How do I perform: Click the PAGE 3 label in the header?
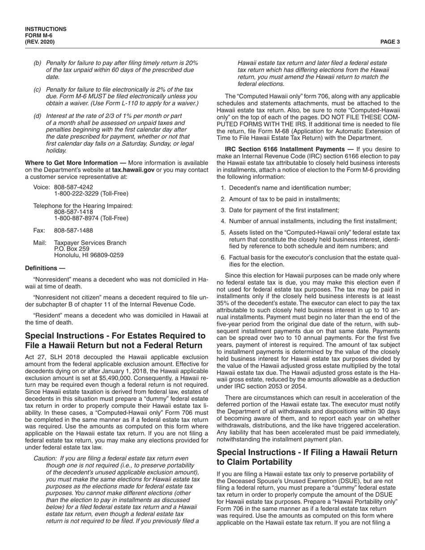click(x=390, y=42)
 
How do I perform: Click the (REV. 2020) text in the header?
click(x=40, y=42)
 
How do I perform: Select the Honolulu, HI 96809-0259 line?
click(x=89, y=255)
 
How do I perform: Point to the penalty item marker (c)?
click(x=37, y=89)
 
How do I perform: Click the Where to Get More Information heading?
click(x=76, y=162)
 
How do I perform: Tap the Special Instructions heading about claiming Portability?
click(x=306, y=457)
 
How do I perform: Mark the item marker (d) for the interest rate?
click(x=37, y=116)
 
